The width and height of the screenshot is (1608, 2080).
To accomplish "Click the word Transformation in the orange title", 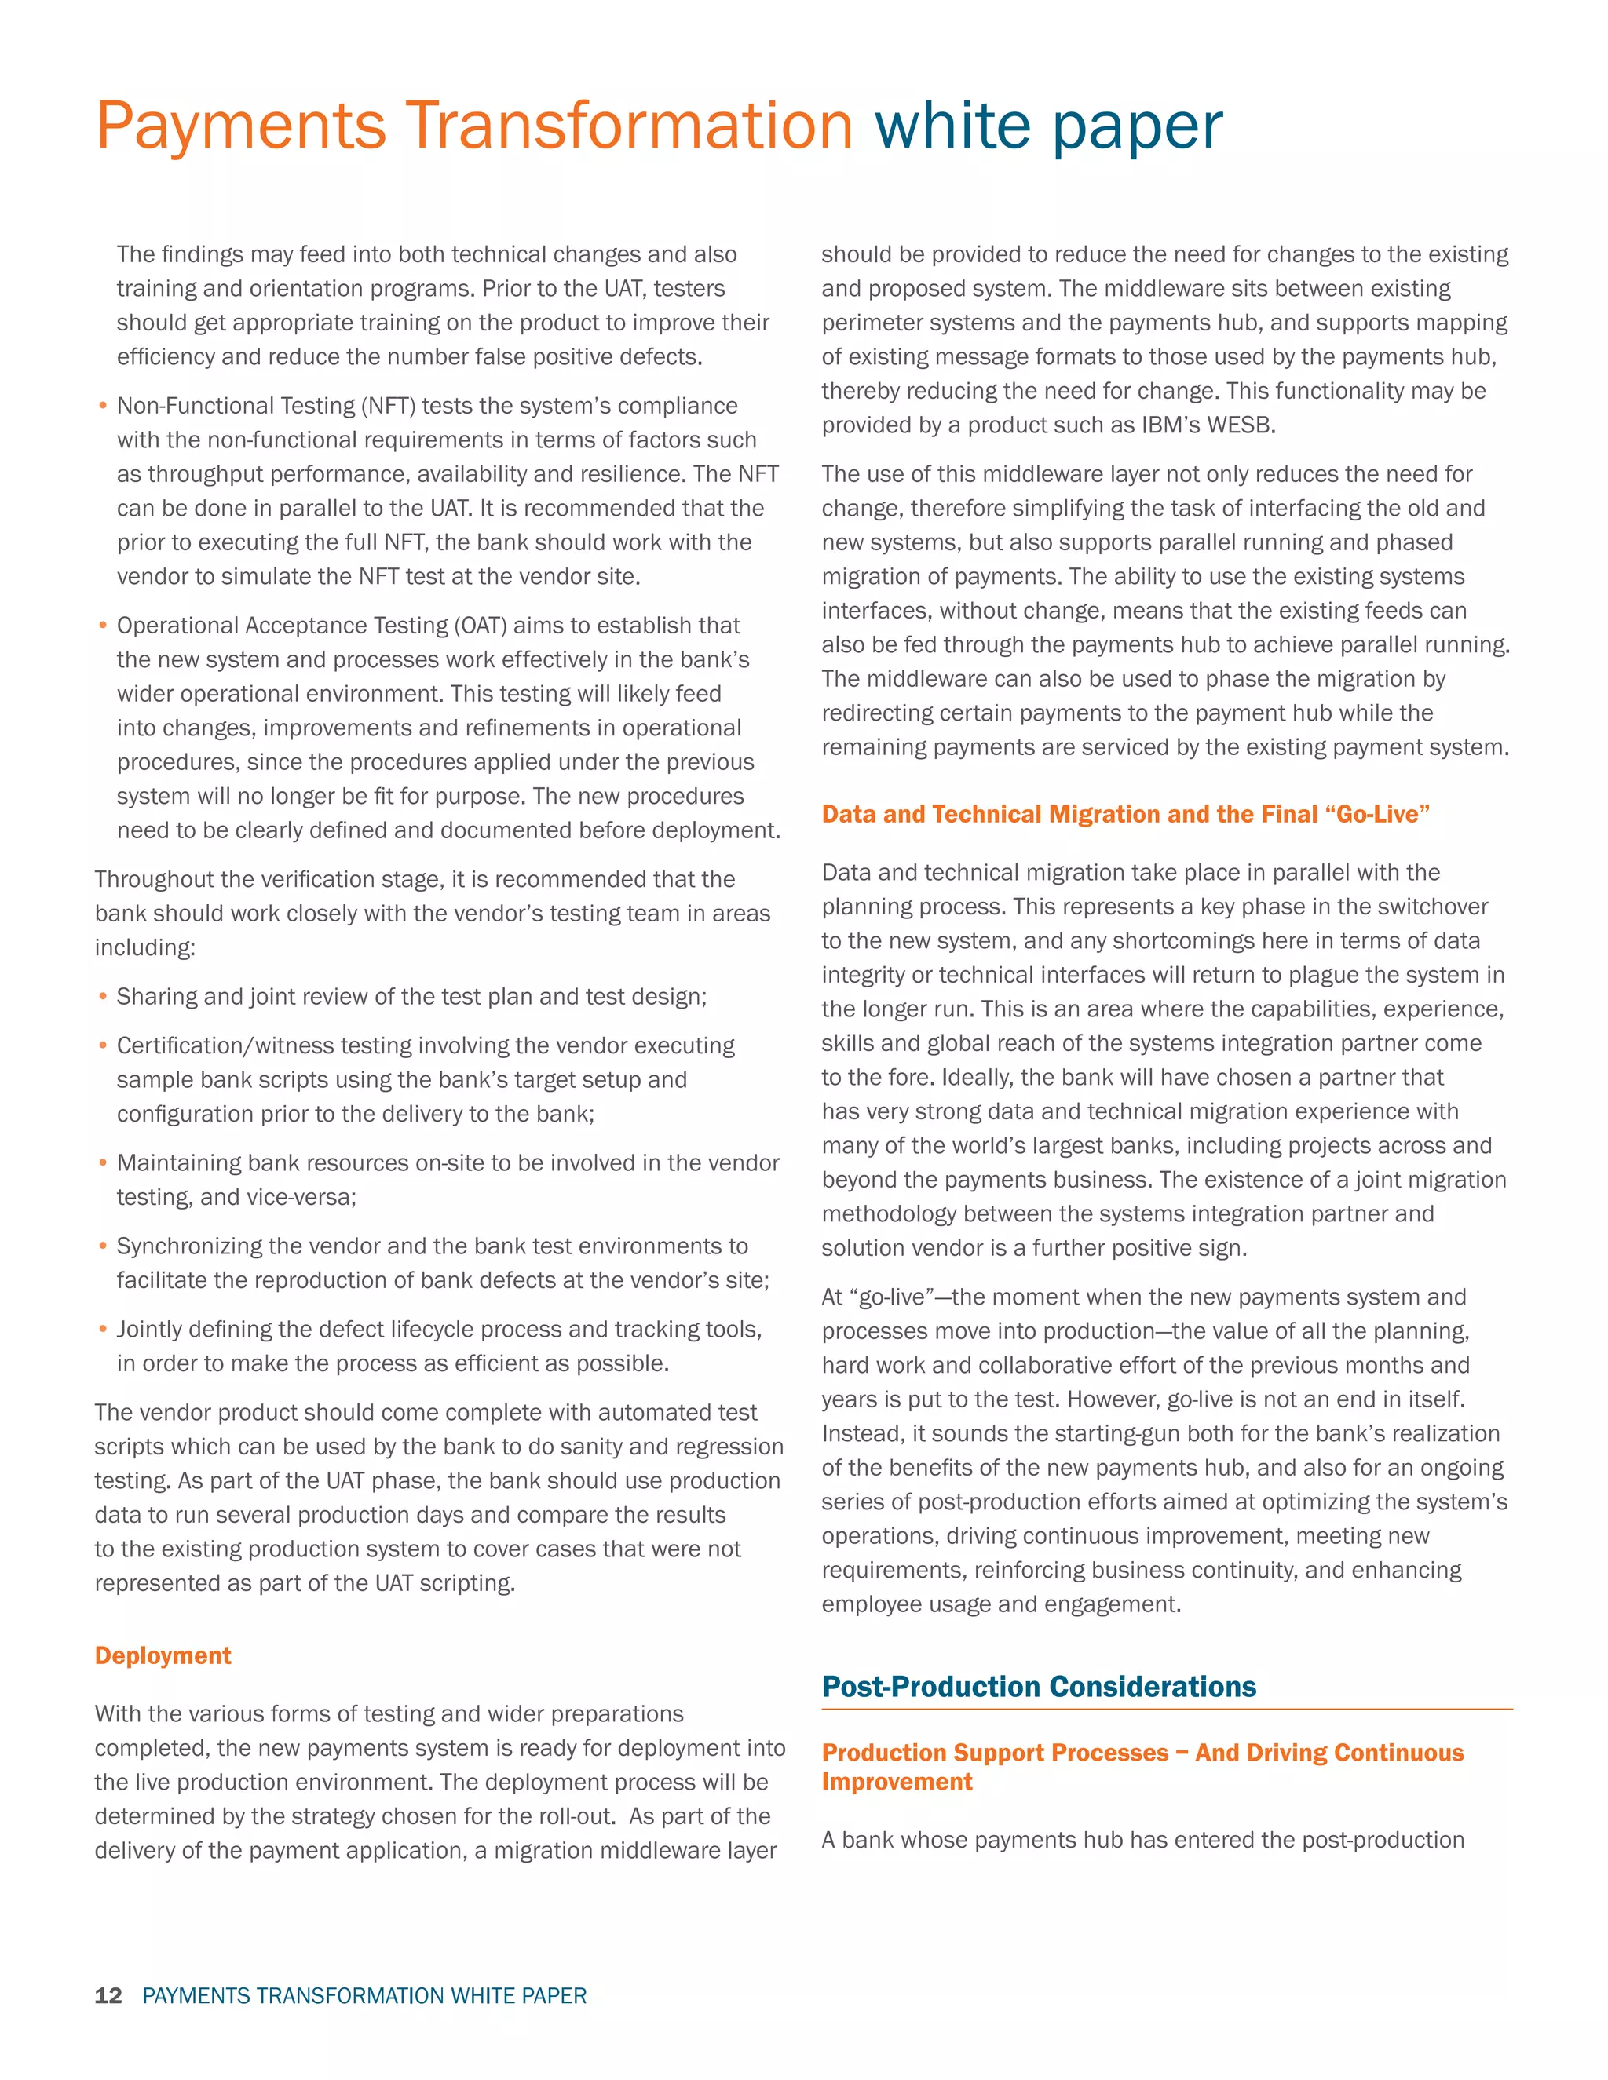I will pyautogui.click(x=629, y=126).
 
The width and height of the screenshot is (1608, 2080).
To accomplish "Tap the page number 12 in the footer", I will pyautogui.click(x=108, y=1995).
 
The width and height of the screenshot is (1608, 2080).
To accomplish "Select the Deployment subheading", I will pyautogui.click(x=163, y=1655).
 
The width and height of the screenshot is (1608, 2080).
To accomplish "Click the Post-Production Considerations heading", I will pyautogui.click(x=1038, y=1687).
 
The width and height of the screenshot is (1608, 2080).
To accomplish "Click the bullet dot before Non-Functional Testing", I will pyautogui.click(x=103, y=407).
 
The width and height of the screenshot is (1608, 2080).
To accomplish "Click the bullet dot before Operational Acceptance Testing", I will pyautogui.click(x=103, y=626).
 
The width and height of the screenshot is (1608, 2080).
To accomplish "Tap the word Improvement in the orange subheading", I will pyautogui.click(x=897, y=1782).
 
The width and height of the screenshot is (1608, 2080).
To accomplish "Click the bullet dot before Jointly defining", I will pyautogui.click(x=103, y=1330).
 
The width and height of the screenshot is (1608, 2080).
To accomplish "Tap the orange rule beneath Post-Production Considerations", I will pyautogui.click(x=1167, y=1710).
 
